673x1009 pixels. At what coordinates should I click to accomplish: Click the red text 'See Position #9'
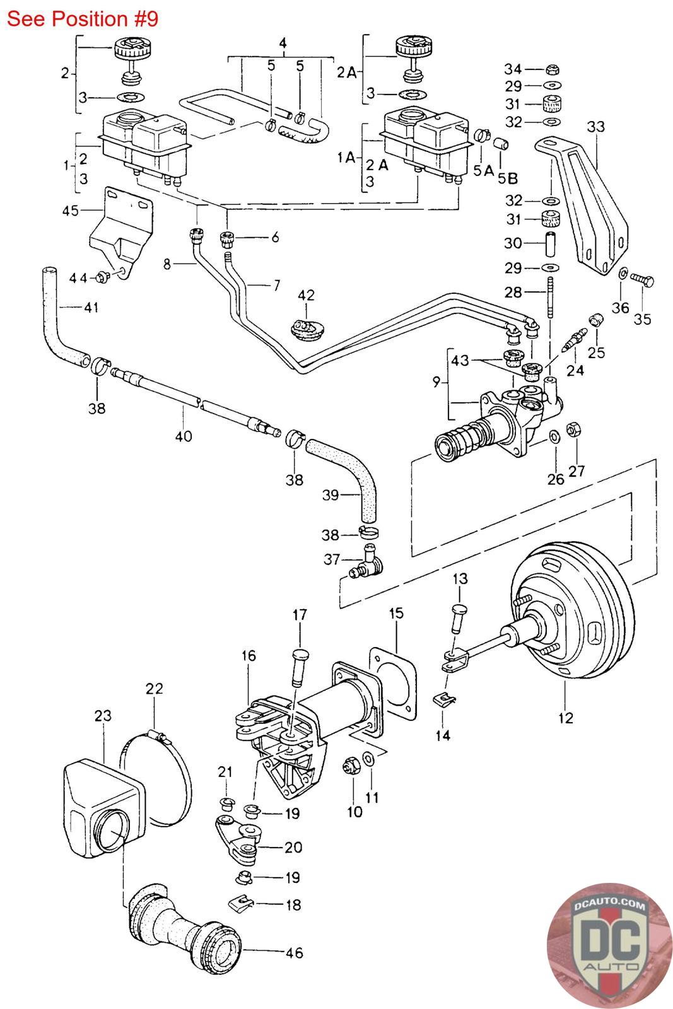pyautogui.click(x=82, y=19)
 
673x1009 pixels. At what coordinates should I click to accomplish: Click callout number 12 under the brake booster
pyautogui.click(x=566, y=717)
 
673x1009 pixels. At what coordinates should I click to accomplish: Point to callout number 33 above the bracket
pyautogui.click(x=595, y=127)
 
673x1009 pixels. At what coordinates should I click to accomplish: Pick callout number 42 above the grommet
pyautogui.click(x=306, y=295)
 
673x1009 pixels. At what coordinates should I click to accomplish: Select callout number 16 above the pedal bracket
pyautogui.click(x=248, y=656)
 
